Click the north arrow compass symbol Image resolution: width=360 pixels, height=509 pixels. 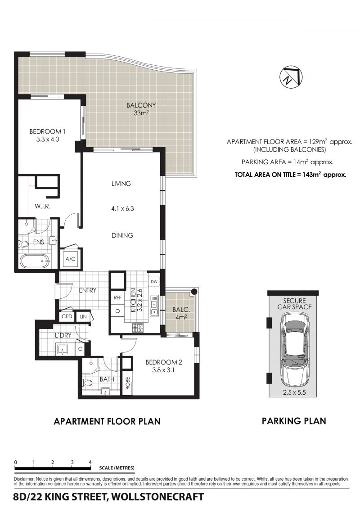[291, 77]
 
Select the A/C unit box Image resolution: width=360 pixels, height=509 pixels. [71, 259]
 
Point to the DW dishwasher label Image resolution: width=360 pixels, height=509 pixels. [154, 281]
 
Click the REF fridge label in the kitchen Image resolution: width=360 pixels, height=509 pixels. [117, 297]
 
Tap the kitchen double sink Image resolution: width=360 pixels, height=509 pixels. [154, 306]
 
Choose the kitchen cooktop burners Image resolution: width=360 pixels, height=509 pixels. [137, 328]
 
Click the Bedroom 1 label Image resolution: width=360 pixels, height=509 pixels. [47, 131]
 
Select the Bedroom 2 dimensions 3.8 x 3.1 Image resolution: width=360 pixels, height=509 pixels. [164, 370]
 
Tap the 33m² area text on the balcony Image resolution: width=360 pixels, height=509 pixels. [141, 113]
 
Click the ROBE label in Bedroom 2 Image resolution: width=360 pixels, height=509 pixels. [127, 383]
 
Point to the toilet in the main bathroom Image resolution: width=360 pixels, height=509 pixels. [87, 383]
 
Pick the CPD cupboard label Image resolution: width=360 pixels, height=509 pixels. [67, 316]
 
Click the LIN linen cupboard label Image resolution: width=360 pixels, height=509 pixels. [83, 316]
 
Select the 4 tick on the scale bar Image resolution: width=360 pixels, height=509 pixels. [90, 462]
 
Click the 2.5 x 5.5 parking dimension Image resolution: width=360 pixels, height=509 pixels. [294, 392]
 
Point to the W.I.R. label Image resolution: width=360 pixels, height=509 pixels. [42, 206]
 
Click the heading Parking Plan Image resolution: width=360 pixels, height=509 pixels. [294, 421]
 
